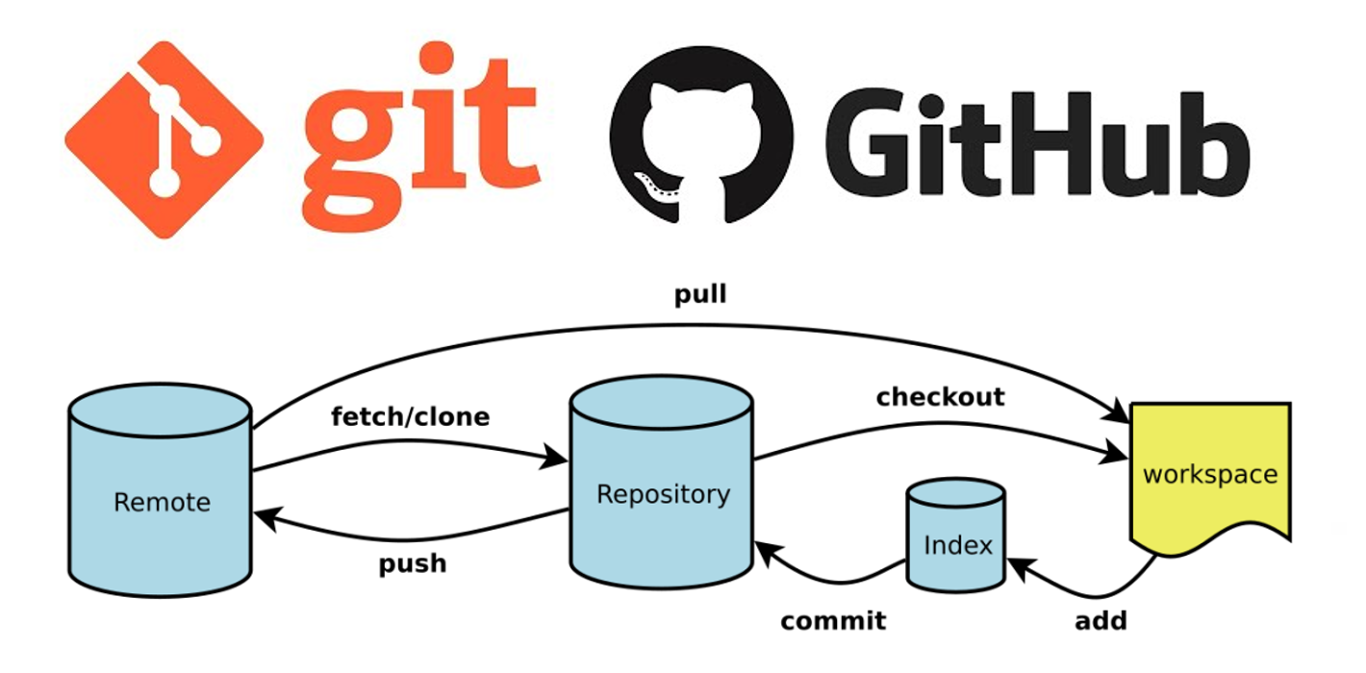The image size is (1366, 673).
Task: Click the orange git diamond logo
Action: (x=164, y=139)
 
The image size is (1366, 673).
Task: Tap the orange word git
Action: (x=421, y=137)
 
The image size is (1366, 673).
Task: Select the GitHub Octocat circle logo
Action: (x=701, y=135)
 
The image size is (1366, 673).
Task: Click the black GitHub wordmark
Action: (x=1037, y=144)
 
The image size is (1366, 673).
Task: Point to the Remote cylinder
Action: (x=161, y=490)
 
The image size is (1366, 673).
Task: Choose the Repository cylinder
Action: (x=662, y=483)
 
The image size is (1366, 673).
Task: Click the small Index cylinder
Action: (x=956, y=536)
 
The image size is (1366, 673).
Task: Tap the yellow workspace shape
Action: (x=1210, y=479)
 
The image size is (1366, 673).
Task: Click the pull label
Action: (x=700, y=295)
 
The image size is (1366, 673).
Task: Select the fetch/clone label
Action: (x=411, y=417)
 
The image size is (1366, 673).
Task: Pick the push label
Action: (x=413, y=564)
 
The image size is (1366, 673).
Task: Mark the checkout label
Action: (x=941, y=397)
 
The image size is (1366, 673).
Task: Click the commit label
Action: (x=833, y=621)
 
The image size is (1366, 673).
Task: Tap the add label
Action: (x=1100, y=620)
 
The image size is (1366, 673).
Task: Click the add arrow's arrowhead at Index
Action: (x=1022, y=568)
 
